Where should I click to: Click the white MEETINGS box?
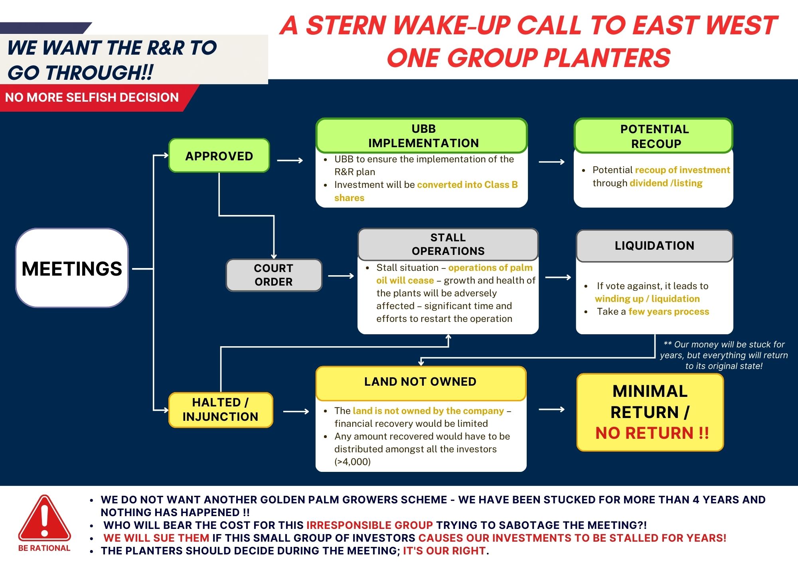tap(72, 268)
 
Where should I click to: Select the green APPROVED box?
tap(219, 156)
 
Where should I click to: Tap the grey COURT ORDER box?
tap(274, 275)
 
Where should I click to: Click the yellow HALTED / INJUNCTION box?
tap(221, 410)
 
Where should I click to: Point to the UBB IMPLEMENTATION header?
tap(422, 136)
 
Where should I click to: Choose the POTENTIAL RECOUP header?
tap(654, 136)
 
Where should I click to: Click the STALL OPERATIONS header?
tap(448, 244)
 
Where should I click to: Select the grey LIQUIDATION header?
tap(654, 246)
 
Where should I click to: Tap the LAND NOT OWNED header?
tap(421, 383)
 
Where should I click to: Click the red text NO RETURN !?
tap(652, 433)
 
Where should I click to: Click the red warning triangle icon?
tap(44, 518)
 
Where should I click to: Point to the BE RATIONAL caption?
tap(44, 548)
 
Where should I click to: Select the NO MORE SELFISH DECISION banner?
tap(92, 97)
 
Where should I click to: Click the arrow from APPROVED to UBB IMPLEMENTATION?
tap(290, 160)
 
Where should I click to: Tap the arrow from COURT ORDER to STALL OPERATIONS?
tap(341, 276)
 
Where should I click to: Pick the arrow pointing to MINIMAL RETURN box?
tap(552, 409)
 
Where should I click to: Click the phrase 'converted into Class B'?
tap(467, 185)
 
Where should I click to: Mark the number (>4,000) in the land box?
tap(353, 462)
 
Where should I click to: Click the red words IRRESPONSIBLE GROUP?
tap(369, 525)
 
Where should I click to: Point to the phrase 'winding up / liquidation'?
tap(647, 299)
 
